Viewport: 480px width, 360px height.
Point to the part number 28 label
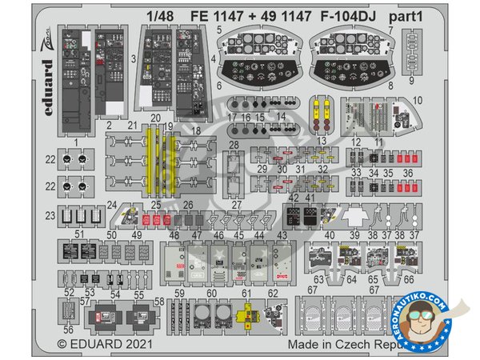(x=234, y=144)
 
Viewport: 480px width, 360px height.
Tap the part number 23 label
(x=50, y=214)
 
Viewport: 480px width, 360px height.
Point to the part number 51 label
(x=79, y=234)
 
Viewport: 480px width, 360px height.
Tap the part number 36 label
(x=409, y=172)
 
